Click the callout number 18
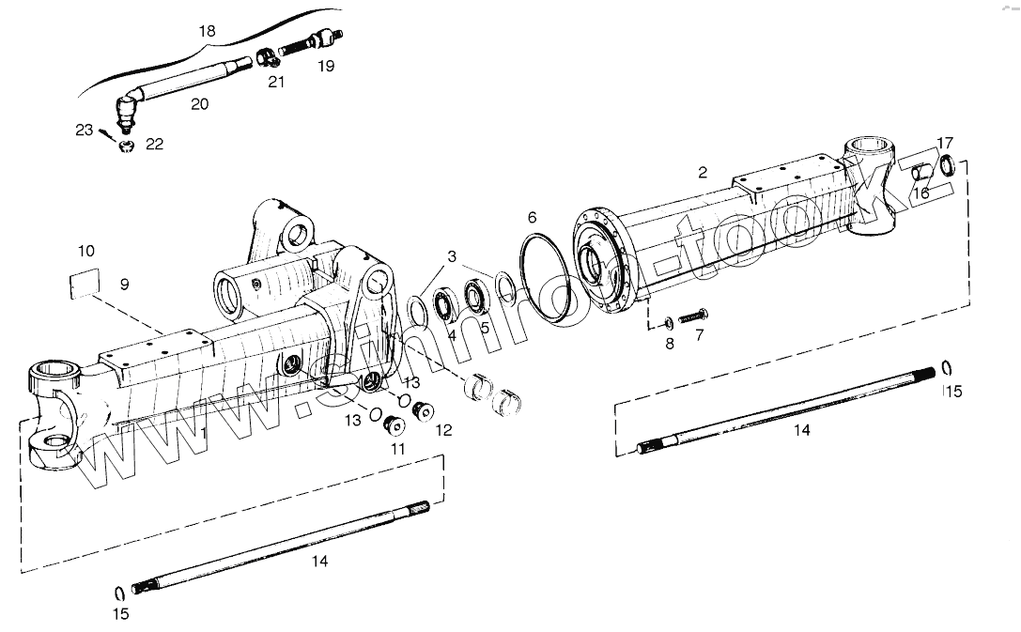208,31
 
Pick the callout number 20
199,104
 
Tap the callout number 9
124,284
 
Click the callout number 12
443,431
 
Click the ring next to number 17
948,166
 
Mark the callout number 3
452,256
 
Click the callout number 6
533,218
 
